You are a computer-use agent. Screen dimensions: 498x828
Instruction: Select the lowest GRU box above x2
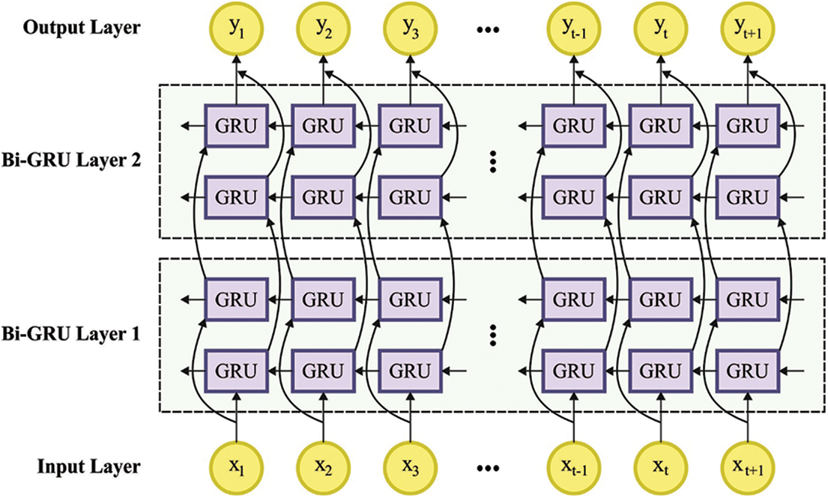pos(324,369)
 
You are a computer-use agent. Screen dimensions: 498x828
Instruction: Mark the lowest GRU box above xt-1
pos(574,369)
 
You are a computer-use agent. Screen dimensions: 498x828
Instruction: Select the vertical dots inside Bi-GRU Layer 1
pos(492,335)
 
